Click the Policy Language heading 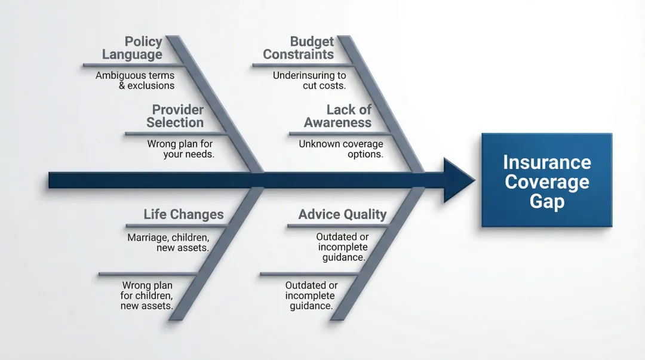133,48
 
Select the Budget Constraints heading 299,48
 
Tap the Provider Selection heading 176,116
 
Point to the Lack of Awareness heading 338,116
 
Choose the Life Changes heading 183,215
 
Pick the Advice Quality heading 342,215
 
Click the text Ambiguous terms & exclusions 136,81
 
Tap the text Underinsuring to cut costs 309,81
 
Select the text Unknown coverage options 341,149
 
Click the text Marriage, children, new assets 168,242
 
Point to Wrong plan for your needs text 180,149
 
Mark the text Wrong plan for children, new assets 147,296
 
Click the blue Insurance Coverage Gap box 546,180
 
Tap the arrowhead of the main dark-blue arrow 459,180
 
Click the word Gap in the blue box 546,201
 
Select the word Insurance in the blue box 546,162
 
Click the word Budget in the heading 312,42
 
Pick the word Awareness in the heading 337,123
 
